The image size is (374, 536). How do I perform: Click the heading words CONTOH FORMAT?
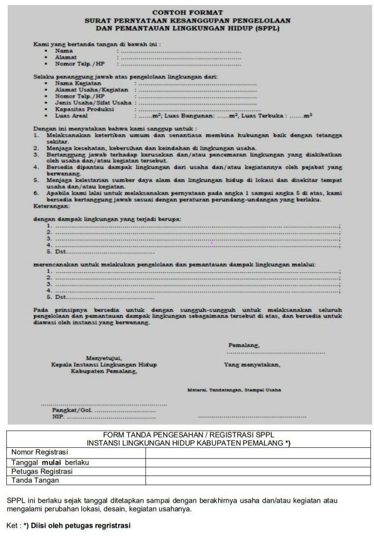187,12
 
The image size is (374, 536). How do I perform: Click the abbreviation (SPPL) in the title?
267,29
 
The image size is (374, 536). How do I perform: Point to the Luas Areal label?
72,116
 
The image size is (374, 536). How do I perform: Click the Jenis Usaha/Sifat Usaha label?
93,103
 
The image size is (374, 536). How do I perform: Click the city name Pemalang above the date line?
243,345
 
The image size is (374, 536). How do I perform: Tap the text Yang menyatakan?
252,364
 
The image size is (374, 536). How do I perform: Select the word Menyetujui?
104,358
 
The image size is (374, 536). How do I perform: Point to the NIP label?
58,417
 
